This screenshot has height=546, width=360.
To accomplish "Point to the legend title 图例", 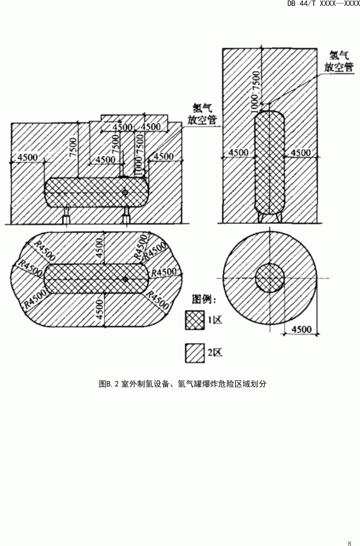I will coord(205,298).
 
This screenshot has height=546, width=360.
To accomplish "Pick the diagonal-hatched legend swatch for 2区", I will coord(194,353).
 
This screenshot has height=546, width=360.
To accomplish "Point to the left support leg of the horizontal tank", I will coord(67,214).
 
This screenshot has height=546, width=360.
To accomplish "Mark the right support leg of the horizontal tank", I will coord(126,214).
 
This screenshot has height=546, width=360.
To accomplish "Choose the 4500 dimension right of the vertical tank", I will coord(301,152).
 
